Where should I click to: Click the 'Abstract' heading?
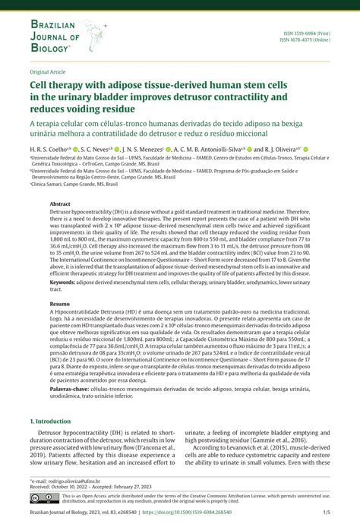click(60, 204)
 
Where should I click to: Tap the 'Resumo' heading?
click(60, 302)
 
